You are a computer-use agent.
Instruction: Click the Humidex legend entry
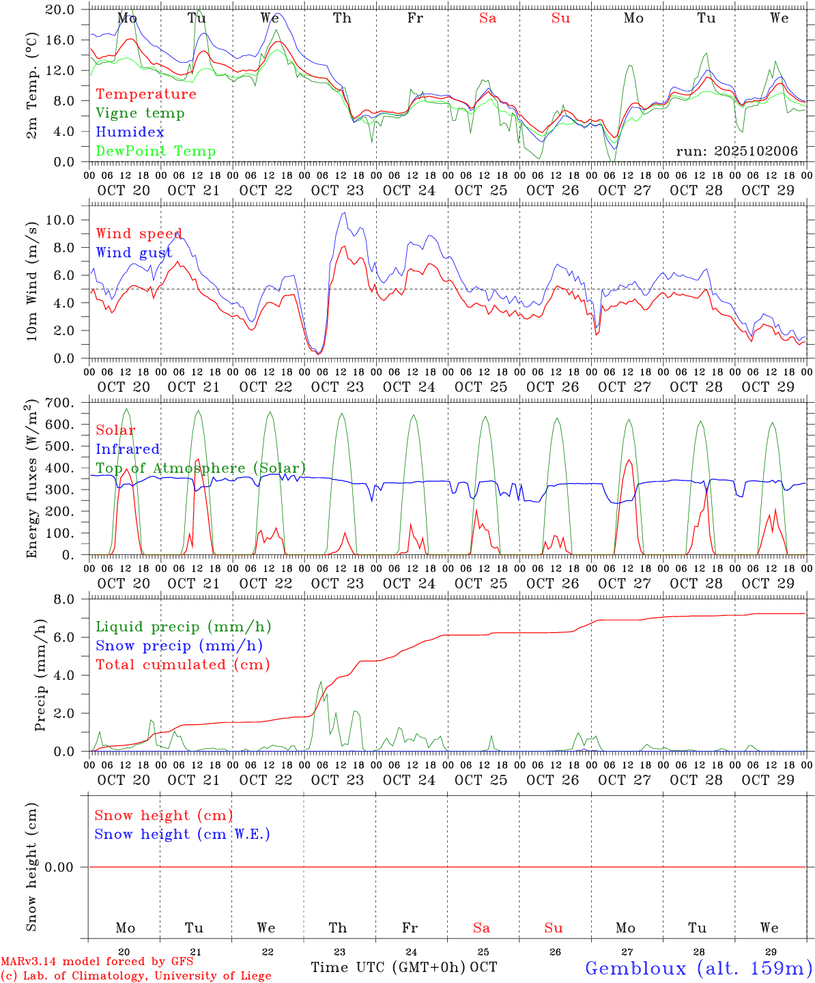[130, 132]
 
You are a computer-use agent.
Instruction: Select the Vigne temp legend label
[140, 113]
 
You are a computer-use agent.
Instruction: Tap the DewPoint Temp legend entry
[156, 152]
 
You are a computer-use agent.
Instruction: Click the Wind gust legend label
[134, 253]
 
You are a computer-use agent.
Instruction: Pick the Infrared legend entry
[128, 449]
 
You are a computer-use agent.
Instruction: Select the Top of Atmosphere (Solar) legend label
[201, 468]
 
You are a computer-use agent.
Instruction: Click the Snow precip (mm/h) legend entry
[180, 646]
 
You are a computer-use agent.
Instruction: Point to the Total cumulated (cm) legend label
[183, 665]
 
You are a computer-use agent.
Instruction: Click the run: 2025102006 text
[737, 152]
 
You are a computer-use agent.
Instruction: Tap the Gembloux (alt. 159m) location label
[698, 968]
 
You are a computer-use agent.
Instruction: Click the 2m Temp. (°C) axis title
[31, 85]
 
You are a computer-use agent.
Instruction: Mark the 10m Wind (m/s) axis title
[31, 281]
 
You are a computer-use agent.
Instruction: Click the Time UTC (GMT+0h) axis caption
[388, 967]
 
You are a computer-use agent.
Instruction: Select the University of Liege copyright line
[136, 976]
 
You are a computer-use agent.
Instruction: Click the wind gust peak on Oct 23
[345, 213]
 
